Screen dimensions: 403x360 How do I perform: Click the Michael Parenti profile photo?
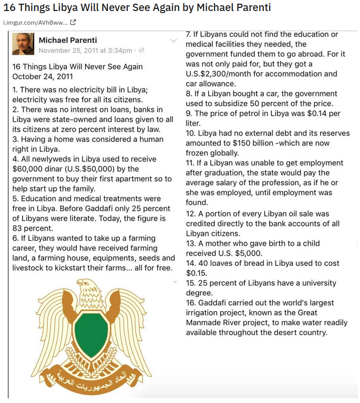point(23,44)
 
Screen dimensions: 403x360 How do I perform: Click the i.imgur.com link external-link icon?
point(73,22)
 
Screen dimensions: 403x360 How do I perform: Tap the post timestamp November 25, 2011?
point(86,50)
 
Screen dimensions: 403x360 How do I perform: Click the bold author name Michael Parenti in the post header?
point(68,40)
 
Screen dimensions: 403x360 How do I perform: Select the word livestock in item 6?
point(29,268)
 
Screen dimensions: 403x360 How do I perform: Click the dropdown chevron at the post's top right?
point(173,40)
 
